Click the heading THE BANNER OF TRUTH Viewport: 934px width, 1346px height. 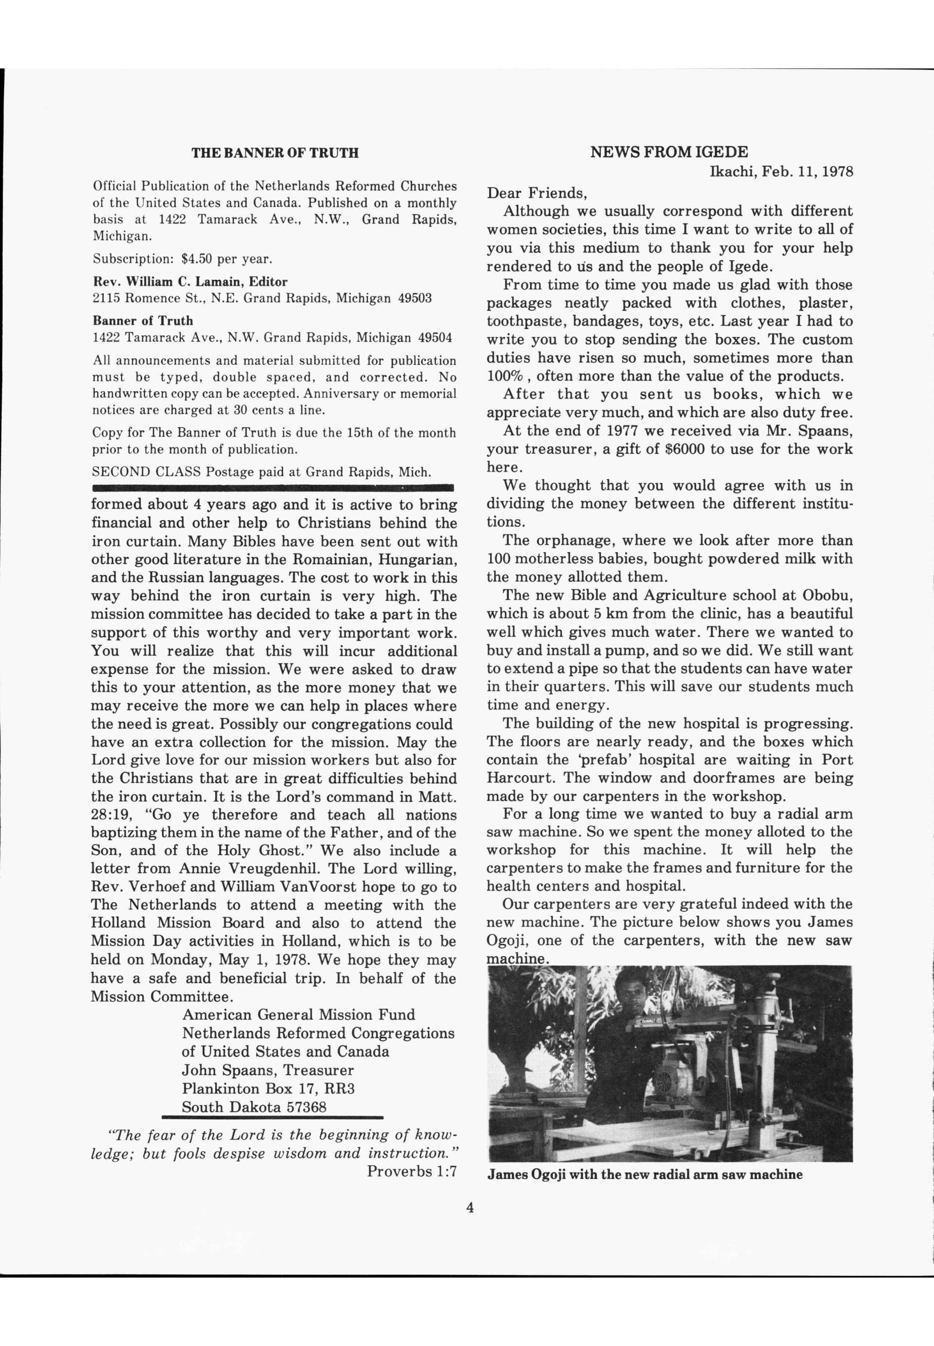[275, 153]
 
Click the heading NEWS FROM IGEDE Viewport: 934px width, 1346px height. [668, 152]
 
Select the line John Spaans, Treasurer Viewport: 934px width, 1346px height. [267, 1070]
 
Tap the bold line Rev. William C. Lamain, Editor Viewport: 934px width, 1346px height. [190, 281]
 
